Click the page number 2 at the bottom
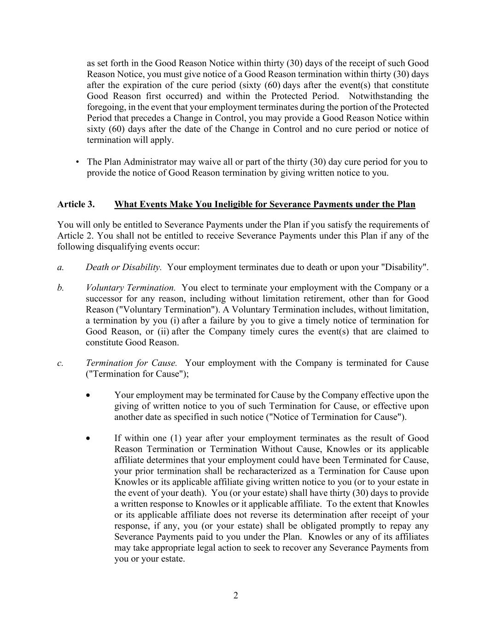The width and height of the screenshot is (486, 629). click(x=235, y=595)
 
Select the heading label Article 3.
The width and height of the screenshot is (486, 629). click(x=76, y=204)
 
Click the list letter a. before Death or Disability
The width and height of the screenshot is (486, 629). click(x=60, y=267)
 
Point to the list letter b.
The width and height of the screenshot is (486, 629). click(x=60, y=288)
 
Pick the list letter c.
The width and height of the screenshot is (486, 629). click(x=60, y=363)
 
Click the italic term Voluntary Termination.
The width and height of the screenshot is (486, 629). click(x=130, y=288)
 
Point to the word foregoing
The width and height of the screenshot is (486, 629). click(x=105, y=107)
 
